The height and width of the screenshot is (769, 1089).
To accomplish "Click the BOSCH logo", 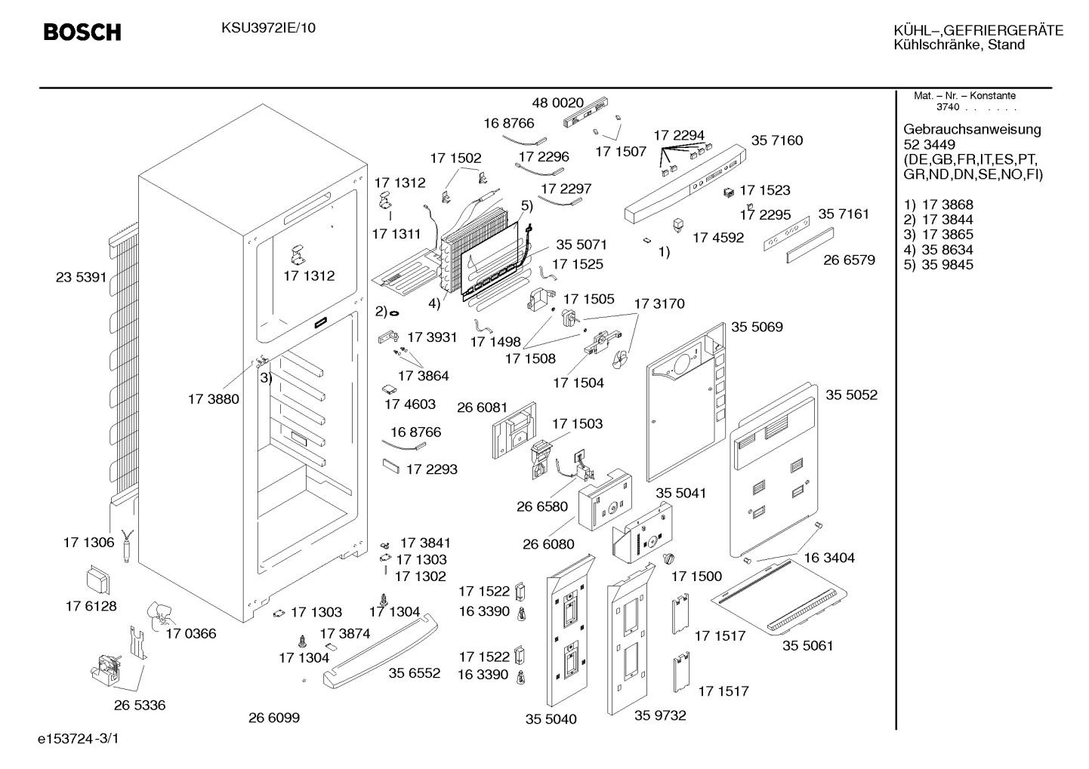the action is click(x=82, y=32).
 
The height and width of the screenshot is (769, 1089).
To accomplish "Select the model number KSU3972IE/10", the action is click(x=268, y=28).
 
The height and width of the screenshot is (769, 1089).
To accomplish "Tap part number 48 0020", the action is click(x=557, y=103).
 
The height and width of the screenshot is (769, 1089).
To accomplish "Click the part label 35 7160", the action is click(x=777, y=140).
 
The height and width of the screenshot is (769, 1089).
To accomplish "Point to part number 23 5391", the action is click(x=81, y=278).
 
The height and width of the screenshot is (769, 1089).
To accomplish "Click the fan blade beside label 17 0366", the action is click(x=160, y=616).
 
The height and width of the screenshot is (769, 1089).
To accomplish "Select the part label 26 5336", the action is click(x=140, y=705).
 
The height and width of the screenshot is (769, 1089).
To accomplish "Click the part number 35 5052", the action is click(x=851, y=395).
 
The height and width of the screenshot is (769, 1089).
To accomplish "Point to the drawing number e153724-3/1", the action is click(x=79, y=739).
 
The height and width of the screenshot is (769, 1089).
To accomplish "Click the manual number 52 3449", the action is click(x=929, y=145).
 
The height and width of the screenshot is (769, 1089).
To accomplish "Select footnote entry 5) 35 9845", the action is click(x=938, y=265).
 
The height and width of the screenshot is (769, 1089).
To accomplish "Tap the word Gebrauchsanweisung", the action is click(x=971, y=130).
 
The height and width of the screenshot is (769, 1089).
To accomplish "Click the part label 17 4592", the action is click(x=718, y=238).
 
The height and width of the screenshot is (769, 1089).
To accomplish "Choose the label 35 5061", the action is click(x=807, y=645).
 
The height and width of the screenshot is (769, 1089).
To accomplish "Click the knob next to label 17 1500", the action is click(x=669, y=558).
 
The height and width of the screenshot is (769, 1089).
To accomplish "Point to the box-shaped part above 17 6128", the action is click(x=97, y=580).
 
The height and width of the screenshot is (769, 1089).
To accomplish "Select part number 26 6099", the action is click(x=274, y=718).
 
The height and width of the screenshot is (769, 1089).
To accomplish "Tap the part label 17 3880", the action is click(x=214, y=399).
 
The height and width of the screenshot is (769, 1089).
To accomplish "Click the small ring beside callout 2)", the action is click(x=394, y=313).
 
